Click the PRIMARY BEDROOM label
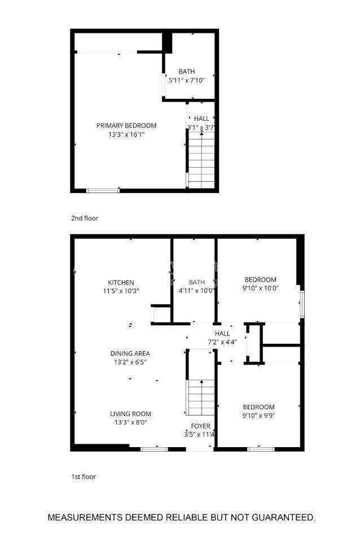126,125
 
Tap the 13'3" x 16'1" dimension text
126,134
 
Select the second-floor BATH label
187,71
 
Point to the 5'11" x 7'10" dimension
187,81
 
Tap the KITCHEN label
121,282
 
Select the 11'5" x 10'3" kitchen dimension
121,291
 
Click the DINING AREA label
130,353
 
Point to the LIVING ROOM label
130,413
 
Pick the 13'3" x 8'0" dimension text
130,422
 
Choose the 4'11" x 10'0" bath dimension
197,291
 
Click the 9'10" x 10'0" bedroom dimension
260,288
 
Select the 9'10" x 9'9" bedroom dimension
258,416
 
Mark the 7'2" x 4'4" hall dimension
222,342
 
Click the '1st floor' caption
84,477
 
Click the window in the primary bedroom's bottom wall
103,190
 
